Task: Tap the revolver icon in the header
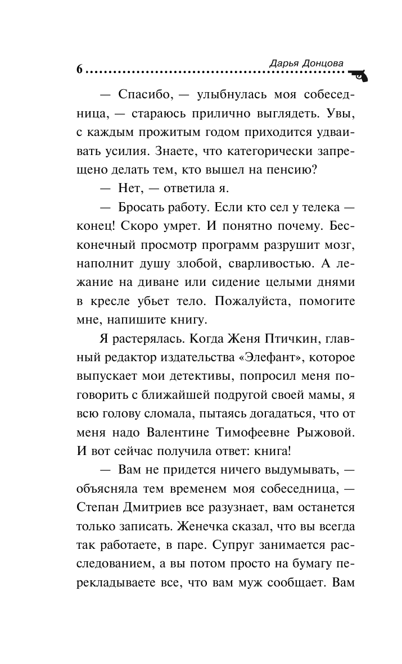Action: click(x=357, y=75)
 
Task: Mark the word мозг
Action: click(x=339, y=245)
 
